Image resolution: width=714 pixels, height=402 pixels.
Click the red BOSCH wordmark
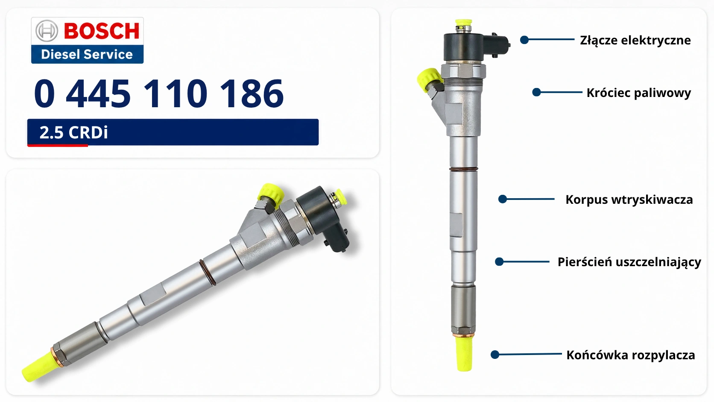coord(102,31)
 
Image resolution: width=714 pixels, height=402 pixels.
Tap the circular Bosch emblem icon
coord(47,31)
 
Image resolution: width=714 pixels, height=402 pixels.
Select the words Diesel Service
coord(87,54)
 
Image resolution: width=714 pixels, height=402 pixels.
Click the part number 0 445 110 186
coord(159,94)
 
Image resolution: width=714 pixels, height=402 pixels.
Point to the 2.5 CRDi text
coord(73,132)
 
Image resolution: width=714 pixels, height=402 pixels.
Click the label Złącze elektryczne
coord(635,40)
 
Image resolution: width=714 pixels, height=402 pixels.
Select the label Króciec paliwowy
coord(639,93)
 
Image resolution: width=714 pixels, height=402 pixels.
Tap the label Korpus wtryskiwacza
coord(629,200)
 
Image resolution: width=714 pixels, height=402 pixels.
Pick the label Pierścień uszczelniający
coord(629,262)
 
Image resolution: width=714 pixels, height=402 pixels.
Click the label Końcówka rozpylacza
coord(630,355)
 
